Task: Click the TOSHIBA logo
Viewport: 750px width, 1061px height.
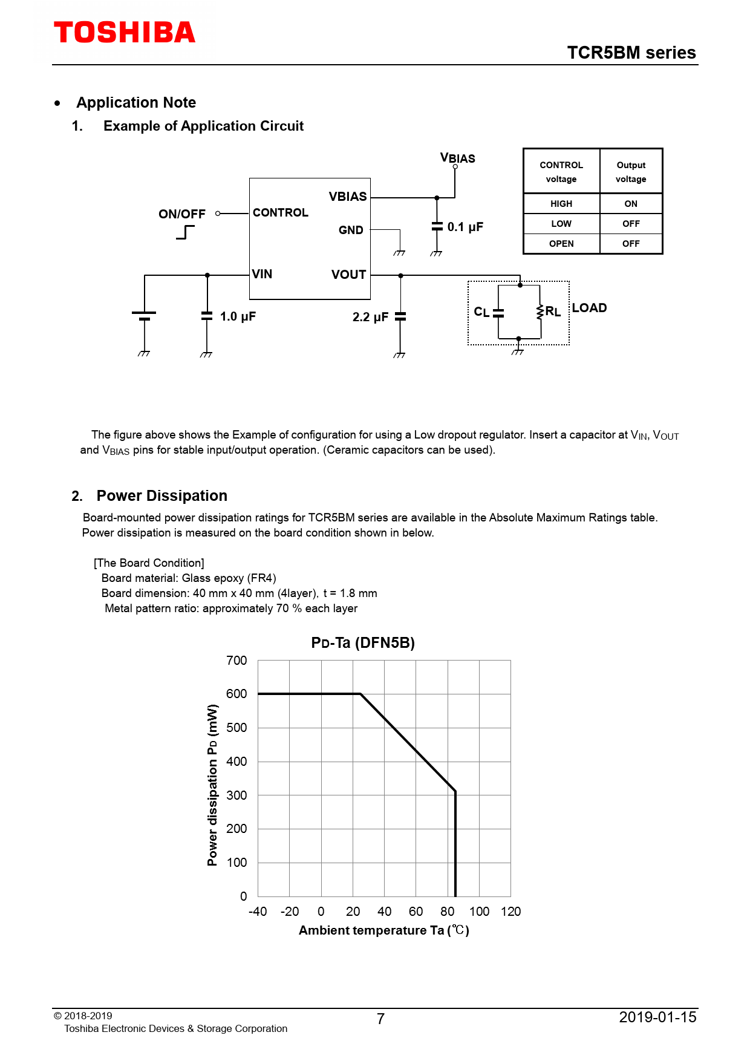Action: [x=125, y=33]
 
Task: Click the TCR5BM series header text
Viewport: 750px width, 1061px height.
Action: [x=631, y=53]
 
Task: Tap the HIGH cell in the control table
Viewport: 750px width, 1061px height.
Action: [x=561, y=204]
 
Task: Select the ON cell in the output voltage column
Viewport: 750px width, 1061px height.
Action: [x=631, y=204]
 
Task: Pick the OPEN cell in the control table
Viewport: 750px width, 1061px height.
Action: [x=561, y=244]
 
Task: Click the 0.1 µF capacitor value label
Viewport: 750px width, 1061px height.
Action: [x=465, y=227]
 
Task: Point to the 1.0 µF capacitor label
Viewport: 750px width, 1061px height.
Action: [x=238, y=316]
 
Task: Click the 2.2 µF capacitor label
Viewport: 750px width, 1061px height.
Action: [x=370, y=317]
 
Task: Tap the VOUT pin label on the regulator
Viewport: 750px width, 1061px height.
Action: [x=348, y=275]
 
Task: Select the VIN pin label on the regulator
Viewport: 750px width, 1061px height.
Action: [x=262, y=274]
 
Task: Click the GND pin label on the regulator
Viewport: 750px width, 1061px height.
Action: [x=351, y=230]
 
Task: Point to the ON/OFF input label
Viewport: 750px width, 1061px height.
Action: [x=181, y=214]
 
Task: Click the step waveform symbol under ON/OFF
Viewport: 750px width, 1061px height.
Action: [x=186, y=232]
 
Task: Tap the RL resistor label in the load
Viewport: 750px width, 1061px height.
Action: [x=553, y=312]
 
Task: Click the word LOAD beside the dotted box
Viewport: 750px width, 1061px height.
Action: [x=589, y=308]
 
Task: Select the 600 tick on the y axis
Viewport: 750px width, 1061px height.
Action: [x=236, y=694]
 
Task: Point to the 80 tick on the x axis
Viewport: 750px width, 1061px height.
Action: [x=448, y=912]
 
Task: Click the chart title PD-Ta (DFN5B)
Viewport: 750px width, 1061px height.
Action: [x=363, y=643]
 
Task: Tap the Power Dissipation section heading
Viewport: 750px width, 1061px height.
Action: [x=161, y=496]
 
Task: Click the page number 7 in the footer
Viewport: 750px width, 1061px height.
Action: [x=380, y=1019]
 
